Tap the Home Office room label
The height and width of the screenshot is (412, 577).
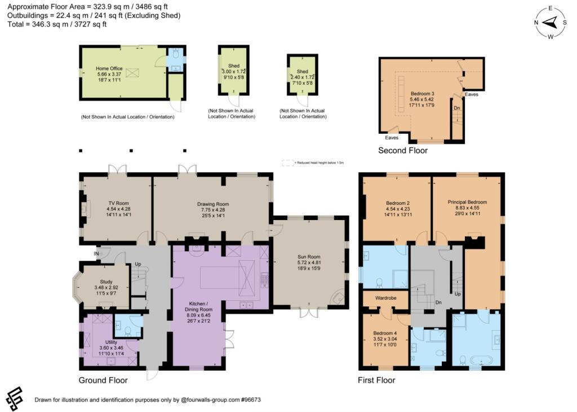click(x=109, y=68)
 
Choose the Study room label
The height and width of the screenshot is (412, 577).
click(x=106, y=282)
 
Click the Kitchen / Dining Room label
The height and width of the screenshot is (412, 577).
click(x=198, y=309)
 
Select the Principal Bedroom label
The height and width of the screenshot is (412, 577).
click(x=467, y=202)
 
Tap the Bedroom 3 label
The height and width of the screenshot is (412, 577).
click(x=422, y=93)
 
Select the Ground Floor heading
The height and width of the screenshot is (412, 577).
click(x=103, y=380)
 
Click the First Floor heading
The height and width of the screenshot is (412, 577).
click(x=376, y=380)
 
